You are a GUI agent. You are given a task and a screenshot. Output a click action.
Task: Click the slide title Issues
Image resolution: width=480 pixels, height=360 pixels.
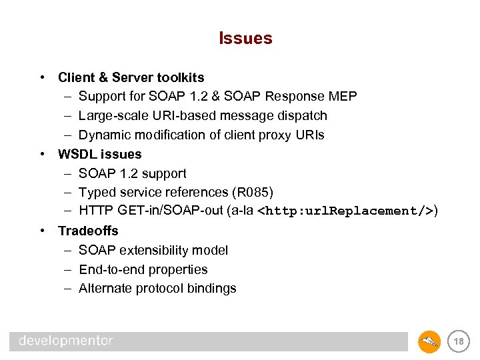(x=245, y=39)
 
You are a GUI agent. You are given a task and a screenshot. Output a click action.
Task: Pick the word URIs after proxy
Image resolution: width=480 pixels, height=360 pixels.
(x=309, y=135)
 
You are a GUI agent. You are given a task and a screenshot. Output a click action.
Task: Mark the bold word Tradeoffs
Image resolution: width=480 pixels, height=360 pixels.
(x=88, y=231)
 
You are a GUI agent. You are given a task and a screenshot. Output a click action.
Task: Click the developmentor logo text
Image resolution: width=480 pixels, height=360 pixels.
(x=66, y=341)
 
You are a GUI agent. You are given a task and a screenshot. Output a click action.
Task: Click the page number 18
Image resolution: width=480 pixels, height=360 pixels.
(x=458, y=342)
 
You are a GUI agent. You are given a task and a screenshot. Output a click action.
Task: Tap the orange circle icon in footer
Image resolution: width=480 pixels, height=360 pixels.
(x=429, y=342)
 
